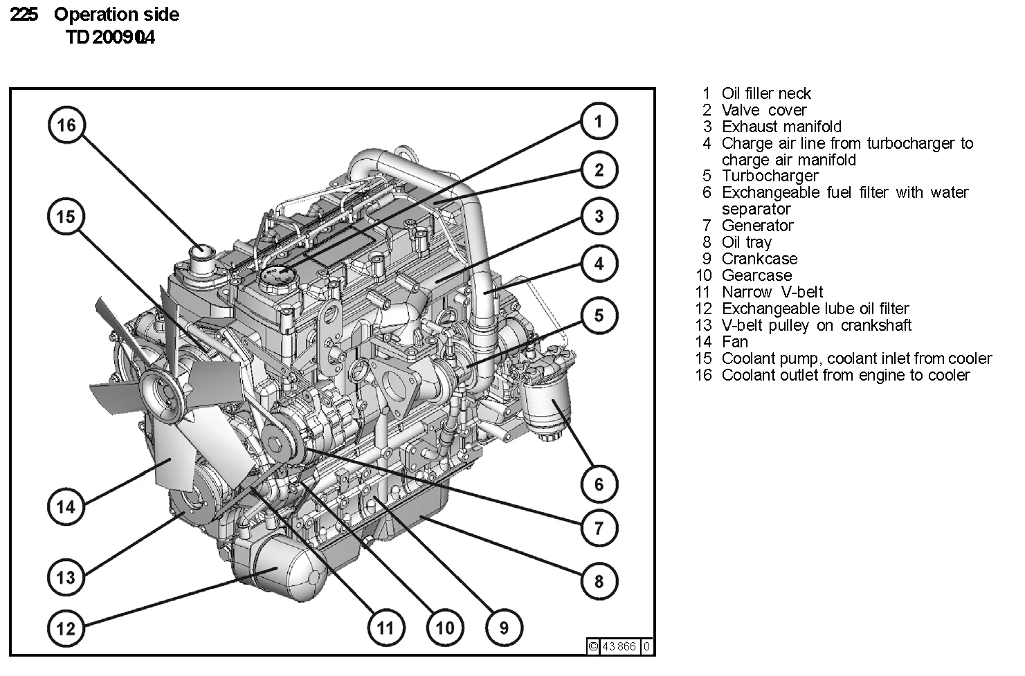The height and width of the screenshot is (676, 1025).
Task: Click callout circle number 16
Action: (x=66, y=125)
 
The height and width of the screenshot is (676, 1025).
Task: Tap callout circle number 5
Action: (x=599, y=316)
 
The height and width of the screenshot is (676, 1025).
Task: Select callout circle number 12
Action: (x=66, y=628)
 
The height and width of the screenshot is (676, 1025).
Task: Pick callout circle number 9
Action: (x=504, y=628)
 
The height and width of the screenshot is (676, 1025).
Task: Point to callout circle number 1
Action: (x=599, y=122)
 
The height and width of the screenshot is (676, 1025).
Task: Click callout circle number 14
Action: (x=66, y=506)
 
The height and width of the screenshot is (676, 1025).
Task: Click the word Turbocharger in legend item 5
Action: (x=770, y=176)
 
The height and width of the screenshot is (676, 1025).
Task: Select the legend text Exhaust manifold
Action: (x=781, y=127)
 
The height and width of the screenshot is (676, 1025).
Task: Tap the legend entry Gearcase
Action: (x=756, y=275)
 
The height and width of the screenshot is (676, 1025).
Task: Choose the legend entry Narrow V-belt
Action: (x=772, y=292)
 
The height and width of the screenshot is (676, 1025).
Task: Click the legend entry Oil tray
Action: (x=746, y=242)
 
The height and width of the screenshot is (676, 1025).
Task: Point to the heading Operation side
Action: (x=116, y=15)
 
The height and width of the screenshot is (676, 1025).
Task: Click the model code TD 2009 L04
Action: (x=110, y=37)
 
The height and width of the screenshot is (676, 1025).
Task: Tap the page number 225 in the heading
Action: (x=24, y=15)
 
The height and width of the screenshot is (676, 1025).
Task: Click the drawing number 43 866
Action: (x=619, y=646)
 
